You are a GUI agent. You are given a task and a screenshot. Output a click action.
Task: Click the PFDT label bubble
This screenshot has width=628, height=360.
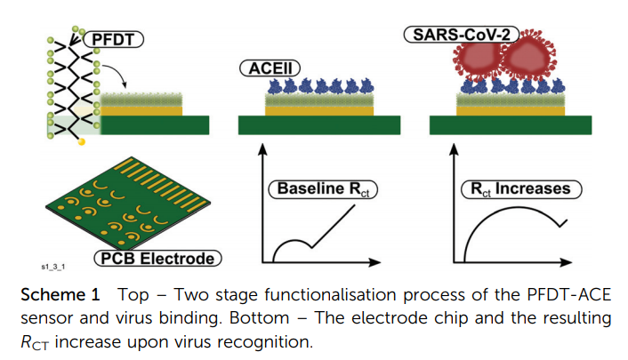(116, 39)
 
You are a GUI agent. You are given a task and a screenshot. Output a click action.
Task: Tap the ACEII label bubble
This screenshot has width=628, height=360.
(262, 68)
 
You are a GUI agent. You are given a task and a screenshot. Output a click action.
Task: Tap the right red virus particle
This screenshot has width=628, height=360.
(531, 61)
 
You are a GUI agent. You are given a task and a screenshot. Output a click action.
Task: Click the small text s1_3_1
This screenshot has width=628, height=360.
(55, 266)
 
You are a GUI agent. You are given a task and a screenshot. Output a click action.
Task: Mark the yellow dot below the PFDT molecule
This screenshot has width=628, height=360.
(82, 141)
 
